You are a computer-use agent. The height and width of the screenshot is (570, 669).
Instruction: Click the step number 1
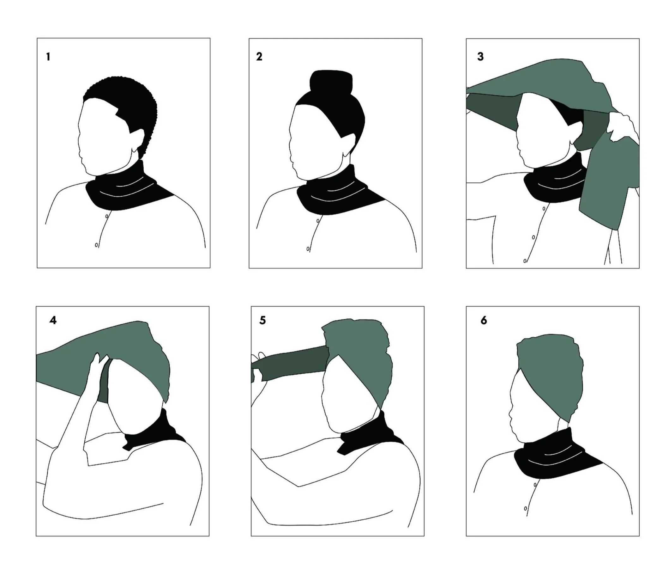pos(48,57)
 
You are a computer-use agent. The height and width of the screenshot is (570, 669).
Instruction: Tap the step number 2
pos(259,57)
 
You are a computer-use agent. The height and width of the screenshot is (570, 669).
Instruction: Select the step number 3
pos(480,57)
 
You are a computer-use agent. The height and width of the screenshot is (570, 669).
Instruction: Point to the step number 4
pos(53,320)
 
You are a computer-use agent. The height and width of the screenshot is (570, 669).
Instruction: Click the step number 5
pos(262,320)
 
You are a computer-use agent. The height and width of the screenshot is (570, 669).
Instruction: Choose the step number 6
pos(484,320)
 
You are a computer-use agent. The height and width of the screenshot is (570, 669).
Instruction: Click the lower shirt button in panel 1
pos(96,245)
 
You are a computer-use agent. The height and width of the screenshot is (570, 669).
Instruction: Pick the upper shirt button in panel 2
pos(318,221)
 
